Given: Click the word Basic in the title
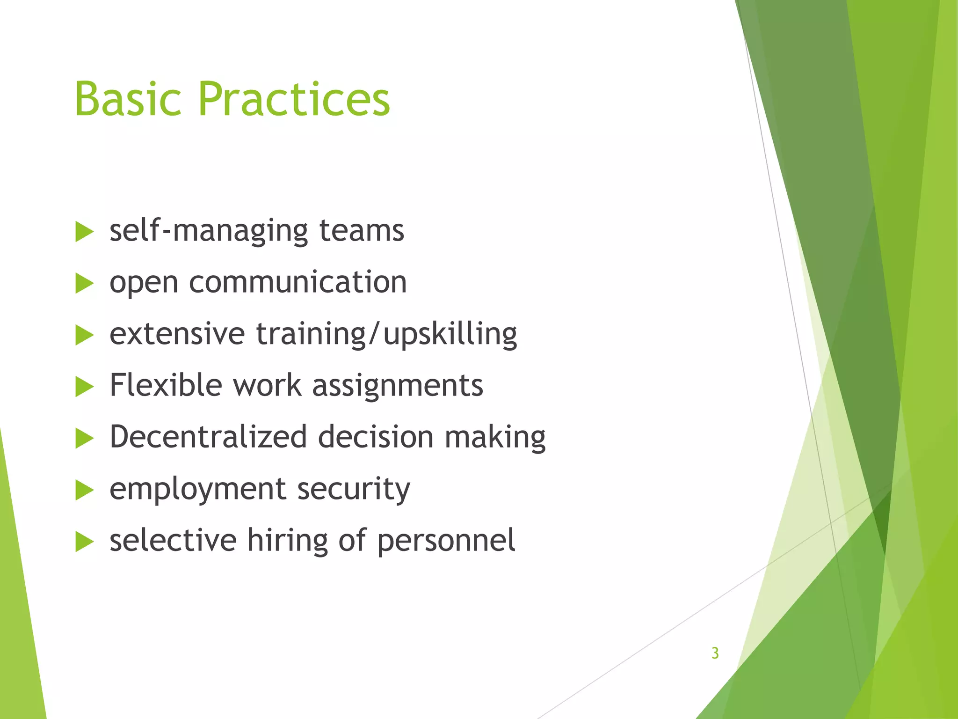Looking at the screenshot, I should [x=127, y=99].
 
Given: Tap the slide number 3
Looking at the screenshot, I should [x=715, y=653].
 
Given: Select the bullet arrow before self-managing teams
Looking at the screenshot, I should [x=84, y=232].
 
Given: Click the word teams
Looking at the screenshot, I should [x=361, y=231].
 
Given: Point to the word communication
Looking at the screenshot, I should [x=298, y=282].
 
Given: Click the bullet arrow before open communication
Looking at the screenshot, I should [x=84, y=284].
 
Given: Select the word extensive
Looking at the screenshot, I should [x=177, y=334].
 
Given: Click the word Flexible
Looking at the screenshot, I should [x=166, y=386].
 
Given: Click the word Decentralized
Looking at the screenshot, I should [x=208, y=437].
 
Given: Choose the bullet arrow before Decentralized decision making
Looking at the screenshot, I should [x=84, y=439].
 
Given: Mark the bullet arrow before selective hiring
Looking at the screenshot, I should [x=84, y=542].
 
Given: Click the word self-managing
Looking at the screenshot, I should [x=208, y=232].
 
